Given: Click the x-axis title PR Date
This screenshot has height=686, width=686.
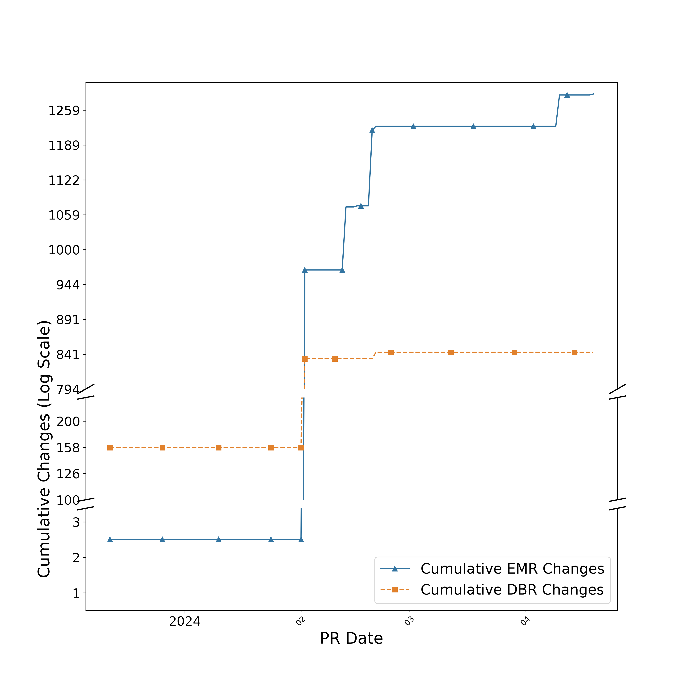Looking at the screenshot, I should [351, 638].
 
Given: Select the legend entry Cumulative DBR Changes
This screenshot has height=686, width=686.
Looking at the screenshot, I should [512, 590].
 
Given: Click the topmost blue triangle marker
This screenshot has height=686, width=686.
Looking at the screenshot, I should [567, 95].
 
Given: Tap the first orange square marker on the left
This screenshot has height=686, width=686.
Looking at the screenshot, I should [110, 448].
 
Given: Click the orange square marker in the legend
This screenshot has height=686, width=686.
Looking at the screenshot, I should [394, 590].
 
